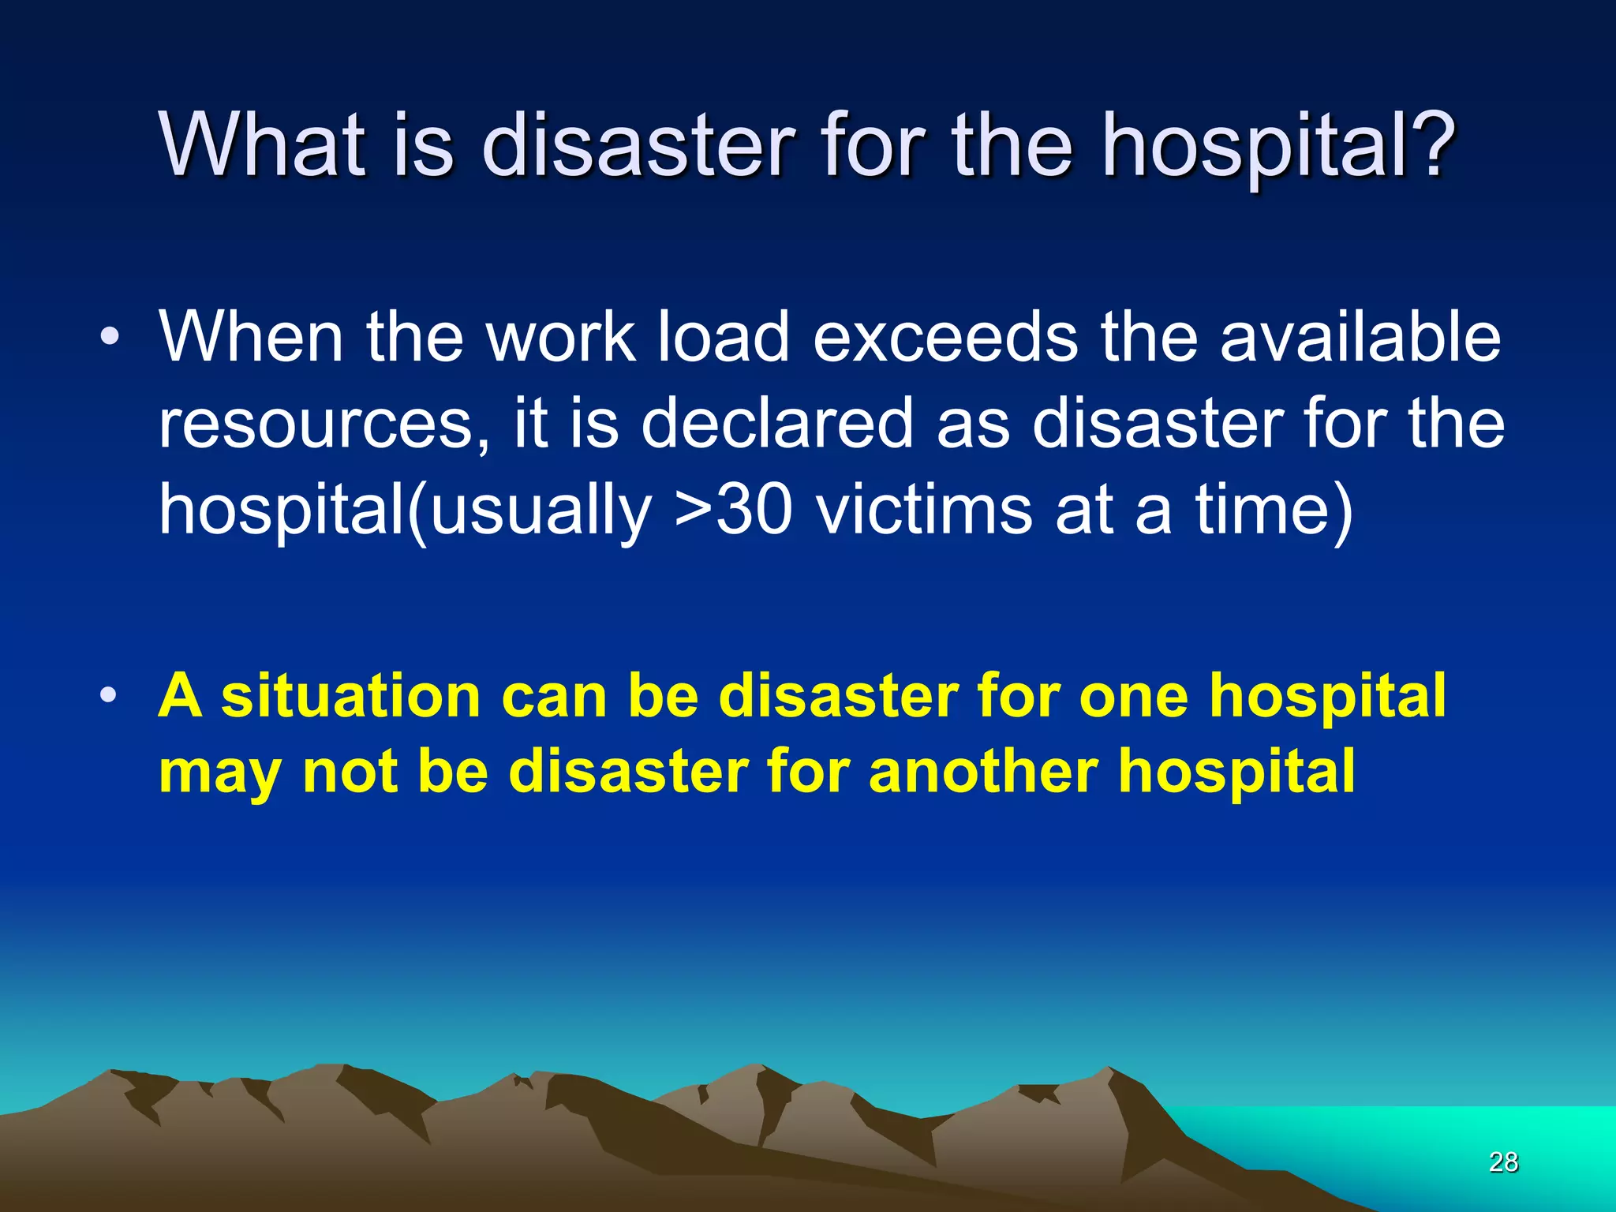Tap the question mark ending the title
coord(1425,144)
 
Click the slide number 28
coord(1503,1162)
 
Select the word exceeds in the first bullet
coord(945,337)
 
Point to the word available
coord(1360,337)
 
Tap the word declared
coord(777,424)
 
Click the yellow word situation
coord(351,697)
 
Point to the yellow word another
coord(983,771)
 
